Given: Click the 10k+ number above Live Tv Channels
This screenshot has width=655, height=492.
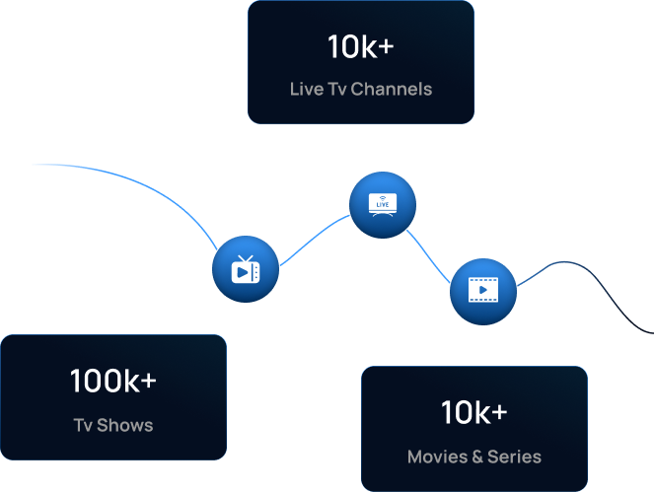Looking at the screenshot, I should (360, 45).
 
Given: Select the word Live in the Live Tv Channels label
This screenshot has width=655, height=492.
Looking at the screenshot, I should (306, 89).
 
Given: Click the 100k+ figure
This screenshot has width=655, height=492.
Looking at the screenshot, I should (112, 381).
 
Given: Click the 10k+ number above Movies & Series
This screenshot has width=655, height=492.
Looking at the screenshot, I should (473, 412).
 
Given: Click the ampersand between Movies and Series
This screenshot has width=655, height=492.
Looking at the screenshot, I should (477, 457).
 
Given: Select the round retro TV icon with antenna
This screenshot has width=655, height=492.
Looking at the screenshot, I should (246, 269).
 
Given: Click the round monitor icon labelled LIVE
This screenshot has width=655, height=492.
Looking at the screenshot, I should (383, 205).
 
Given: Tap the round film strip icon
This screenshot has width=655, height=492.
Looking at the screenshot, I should (483, 291).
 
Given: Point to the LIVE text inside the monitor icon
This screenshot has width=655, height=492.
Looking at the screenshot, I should (383, 204).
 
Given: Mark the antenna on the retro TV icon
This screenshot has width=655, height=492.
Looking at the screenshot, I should (247, 258).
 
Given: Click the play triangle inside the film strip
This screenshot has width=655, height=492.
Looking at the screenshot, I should (483, 291).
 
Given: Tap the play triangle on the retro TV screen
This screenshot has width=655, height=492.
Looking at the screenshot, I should (243, 272).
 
